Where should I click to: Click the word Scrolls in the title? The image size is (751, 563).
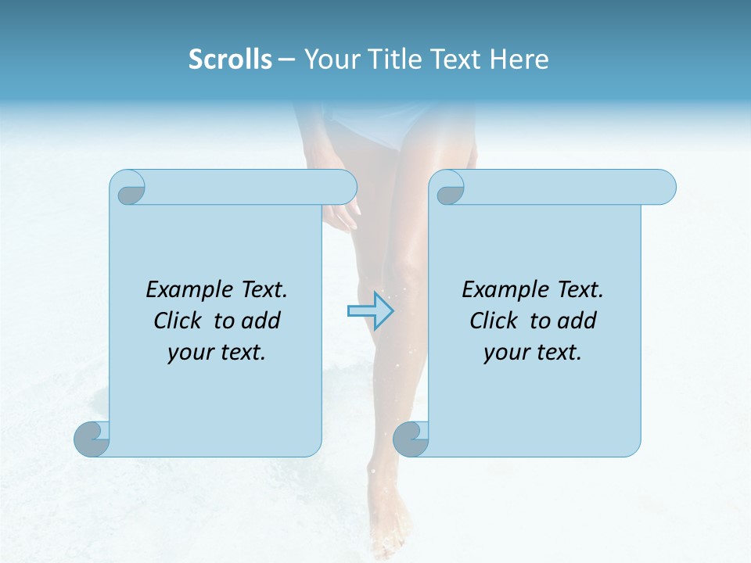pos(231,59)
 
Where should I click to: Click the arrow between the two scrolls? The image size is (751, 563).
pos(370,310)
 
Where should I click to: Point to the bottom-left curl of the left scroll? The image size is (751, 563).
pos(91,439)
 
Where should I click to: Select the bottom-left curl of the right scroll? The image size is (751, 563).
pos(410,439)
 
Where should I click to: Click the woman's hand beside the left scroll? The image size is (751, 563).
pos(341,214)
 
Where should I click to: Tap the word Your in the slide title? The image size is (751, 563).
pos(329,59)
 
